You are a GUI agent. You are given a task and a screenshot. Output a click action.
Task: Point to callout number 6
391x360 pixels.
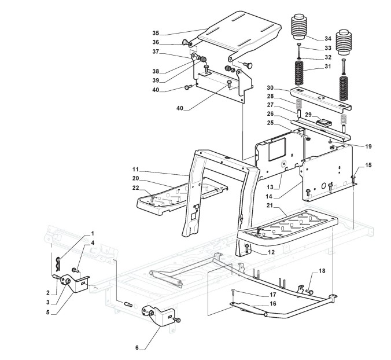pos(138,347)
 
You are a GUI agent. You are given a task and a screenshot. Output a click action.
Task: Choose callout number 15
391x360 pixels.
pos(368,166)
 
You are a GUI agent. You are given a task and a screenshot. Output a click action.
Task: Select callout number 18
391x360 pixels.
pos(322,271)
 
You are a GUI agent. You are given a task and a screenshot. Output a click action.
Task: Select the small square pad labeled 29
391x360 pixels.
pos(325,122)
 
